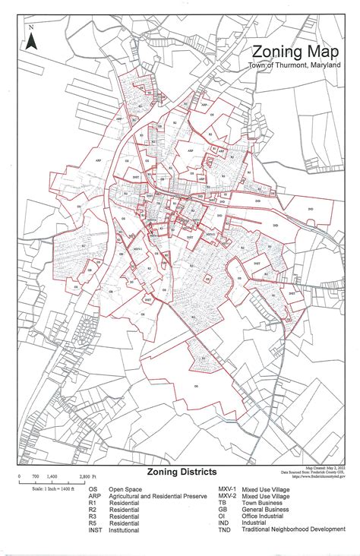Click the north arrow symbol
[x=31, y=39]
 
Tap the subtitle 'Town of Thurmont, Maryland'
[x=295, y=66]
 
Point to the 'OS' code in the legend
[x=93, y=489]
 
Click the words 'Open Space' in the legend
[x=125, y=489]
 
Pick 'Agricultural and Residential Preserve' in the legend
[x=157, y=496]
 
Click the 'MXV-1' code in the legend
[x=227, y=489]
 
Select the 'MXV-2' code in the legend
[x=227, y=496]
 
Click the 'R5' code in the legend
[x=92, y=523]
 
